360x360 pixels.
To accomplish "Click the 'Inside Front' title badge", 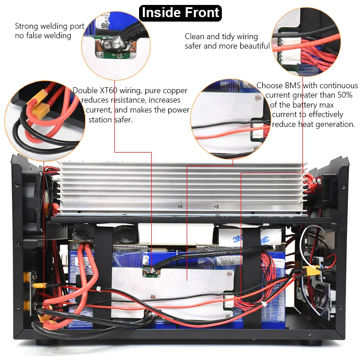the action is pos(180,13).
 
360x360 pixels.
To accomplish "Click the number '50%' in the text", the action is pos(345,95).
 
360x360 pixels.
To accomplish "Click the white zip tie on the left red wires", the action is pos(99,289).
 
